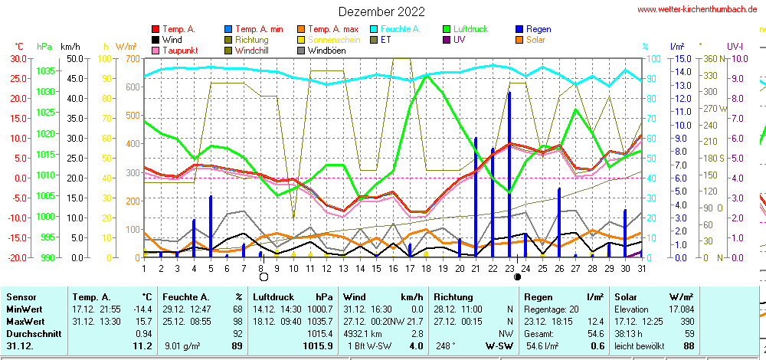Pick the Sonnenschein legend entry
322,40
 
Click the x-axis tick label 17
410,267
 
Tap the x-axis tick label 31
641,267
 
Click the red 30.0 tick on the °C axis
17,58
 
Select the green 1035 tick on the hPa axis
45,70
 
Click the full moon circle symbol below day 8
264,277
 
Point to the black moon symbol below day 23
518,277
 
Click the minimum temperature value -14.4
142,308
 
